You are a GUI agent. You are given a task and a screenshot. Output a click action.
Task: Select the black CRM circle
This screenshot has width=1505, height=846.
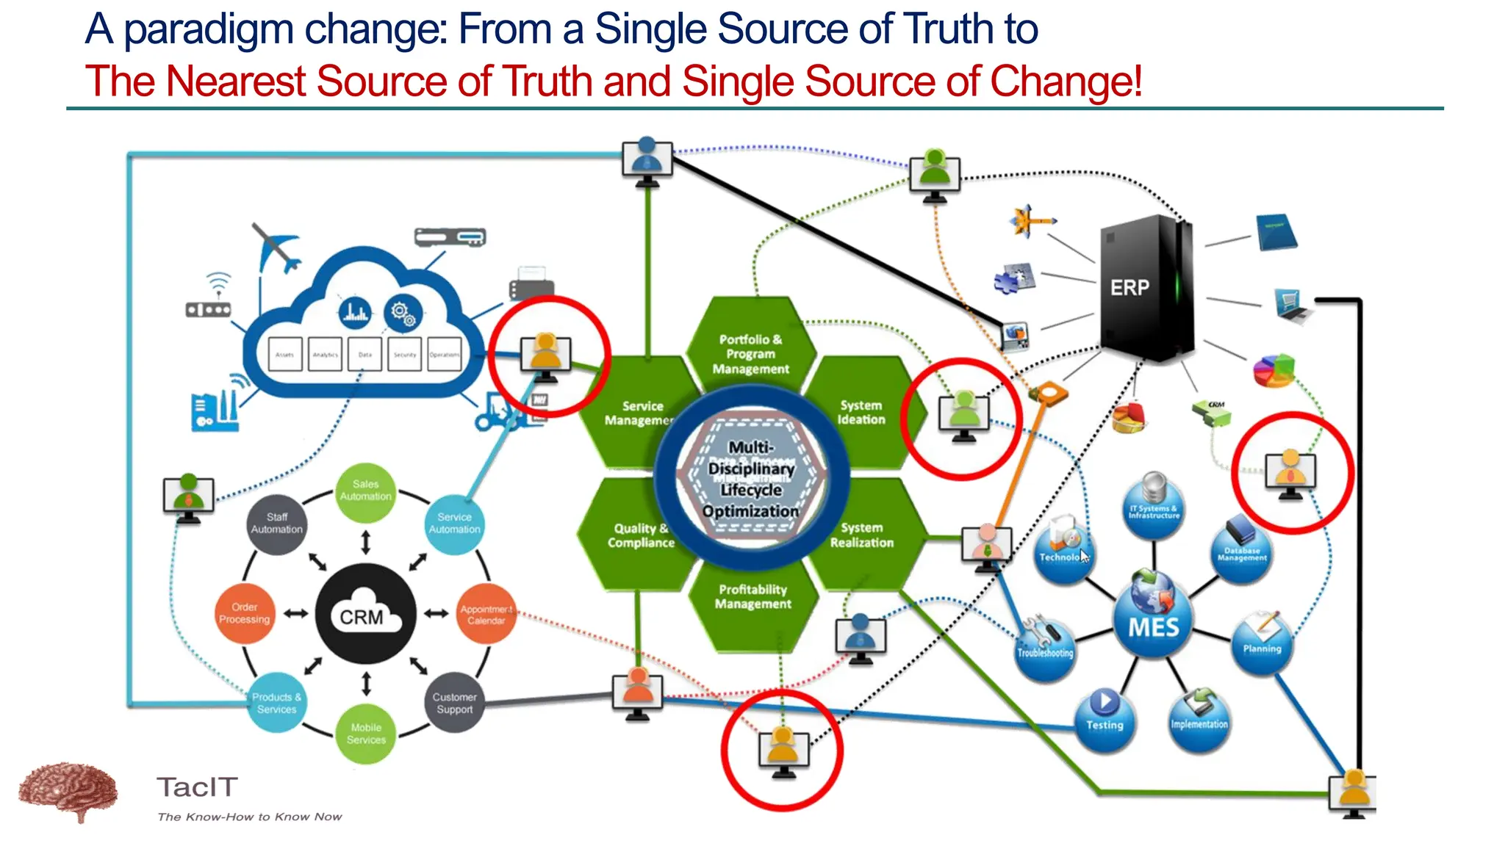[365, 614]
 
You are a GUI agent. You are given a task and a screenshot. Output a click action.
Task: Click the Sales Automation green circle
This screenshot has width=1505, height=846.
[365, 491]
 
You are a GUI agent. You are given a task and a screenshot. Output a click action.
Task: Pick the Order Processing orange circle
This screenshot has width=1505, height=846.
[245, 613]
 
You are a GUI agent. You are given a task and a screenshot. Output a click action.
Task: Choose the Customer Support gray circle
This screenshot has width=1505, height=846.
[454, 703]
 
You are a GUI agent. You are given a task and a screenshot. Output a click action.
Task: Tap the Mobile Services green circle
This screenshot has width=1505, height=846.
[365, 734]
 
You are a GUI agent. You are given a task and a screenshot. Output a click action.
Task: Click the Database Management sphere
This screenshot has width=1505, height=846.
[1242, 552]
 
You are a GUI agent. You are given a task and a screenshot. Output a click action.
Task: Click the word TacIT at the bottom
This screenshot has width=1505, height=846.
[197, 787]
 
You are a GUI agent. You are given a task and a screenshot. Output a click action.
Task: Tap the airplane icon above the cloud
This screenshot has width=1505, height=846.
[276, 248]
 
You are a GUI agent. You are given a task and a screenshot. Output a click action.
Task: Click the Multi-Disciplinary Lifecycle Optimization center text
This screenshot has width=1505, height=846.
[751, 479]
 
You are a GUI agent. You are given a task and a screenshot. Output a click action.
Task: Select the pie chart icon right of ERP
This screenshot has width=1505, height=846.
[1274, 369]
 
